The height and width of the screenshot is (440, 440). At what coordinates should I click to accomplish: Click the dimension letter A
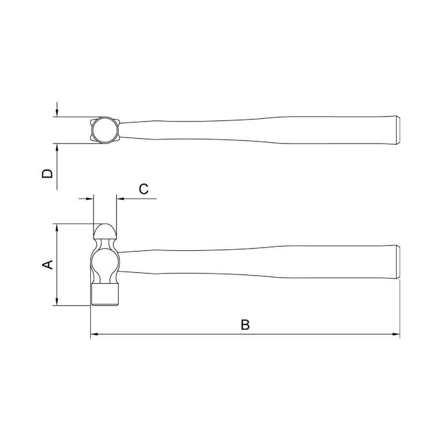click(48, 265)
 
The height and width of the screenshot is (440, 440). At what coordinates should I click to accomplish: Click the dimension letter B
click(245, 324)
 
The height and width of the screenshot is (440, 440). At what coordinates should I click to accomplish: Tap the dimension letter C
click(144, 189)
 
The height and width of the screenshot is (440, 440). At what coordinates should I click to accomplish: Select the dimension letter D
click(47, 174)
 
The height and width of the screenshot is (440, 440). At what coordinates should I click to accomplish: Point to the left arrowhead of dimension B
click(94, 334)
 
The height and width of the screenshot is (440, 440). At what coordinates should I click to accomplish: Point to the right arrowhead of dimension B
click(396, 334)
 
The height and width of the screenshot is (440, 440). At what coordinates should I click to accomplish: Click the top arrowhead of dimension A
click(57, 228)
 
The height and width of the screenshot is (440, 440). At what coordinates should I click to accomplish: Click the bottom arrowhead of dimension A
click(57, 301)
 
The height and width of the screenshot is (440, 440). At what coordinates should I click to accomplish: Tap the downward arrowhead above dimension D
click(57, 113)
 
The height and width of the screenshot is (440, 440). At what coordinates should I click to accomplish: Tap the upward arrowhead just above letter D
click(57, 147)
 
